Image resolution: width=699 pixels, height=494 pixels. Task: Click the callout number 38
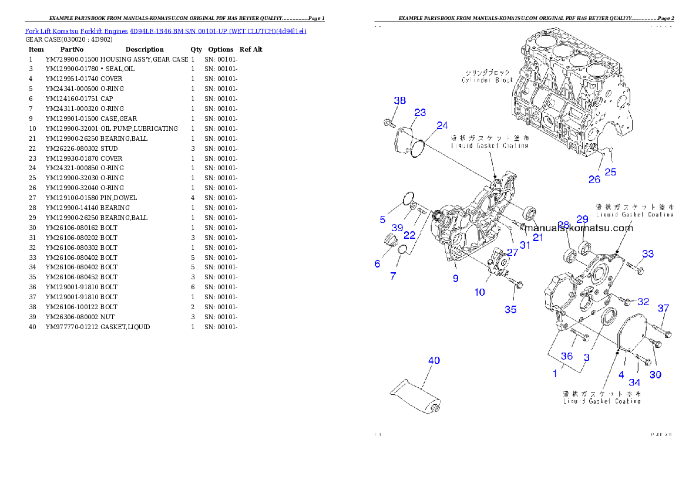pyautogui.click(x=399, y=101)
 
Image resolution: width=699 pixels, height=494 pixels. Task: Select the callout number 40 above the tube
pyautogui.click(x=433, y=361)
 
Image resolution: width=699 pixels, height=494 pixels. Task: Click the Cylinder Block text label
pyautogui.click(x=487, y=76)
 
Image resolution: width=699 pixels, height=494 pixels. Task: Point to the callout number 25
pyautogui.click(x=611, y=172)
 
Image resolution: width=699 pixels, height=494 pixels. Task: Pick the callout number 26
pyautogui.click(x=594, y=180)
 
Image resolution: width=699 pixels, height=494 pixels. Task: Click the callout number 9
pyautogui.click(x=456, y=279)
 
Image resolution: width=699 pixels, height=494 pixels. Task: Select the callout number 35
pyautogui.click(x=510, y=309)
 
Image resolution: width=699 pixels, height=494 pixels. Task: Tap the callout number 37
pyautogui.click(x=663, y=308)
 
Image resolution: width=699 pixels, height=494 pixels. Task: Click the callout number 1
pyautogui.click(x=555, y=373)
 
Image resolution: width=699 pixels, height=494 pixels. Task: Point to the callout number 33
pyautogui.click(x=647, y=254)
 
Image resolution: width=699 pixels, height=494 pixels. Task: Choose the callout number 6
pyautogui.click(x=377, y=264)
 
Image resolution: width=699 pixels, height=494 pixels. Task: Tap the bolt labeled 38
pyautogui.click(x=388, y=123)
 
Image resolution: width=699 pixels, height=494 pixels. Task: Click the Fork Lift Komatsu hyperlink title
pyautogui.click(x=166, y=31)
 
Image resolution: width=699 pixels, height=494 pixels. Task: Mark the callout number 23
pyautogui.click(x=420, y=113)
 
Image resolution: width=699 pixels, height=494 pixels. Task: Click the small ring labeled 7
pyautogui.click(x=402, y=251)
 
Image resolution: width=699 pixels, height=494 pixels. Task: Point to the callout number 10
pyautogui.click(x=480, y=292)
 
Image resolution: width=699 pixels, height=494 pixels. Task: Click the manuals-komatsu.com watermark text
pyautogui.click(x=579, y=228)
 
